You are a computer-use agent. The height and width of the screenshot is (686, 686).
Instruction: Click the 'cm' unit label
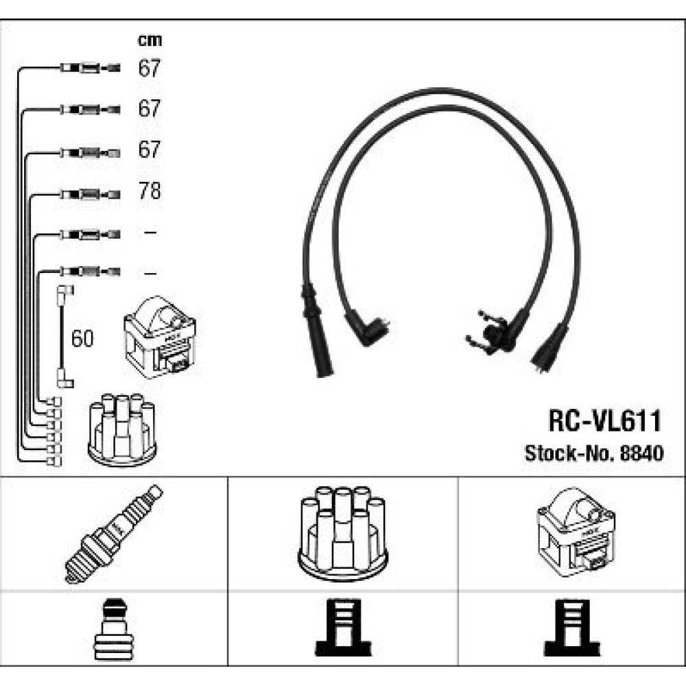(x=150, y=40)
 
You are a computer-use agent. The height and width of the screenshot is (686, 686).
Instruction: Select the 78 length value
(x=150, y=191)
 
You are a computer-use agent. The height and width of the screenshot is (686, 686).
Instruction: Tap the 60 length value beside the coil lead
(x=82, y=339)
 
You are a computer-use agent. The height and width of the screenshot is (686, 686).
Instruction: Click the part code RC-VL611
(x=604, y=421)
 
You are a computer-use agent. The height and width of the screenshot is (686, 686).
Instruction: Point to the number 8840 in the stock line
(x=642, y=453)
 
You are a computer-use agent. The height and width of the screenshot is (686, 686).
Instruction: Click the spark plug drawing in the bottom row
(x=114, y=534)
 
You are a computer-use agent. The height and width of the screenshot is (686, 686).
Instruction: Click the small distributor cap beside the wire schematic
(x=122, y=429)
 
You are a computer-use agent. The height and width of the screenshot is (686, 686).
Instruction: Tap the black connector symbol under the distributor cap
(x=343, y=628)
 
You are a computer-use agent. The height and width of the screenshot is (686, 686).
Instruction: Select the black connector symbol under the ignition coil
(x=572, y=628)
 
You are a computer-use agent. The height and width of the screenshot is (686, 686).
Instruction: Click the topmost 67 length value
(x=150, y=68)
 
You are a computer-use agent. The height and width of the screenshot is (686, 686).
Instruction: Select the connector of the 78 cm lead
(x=90, y=194)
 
